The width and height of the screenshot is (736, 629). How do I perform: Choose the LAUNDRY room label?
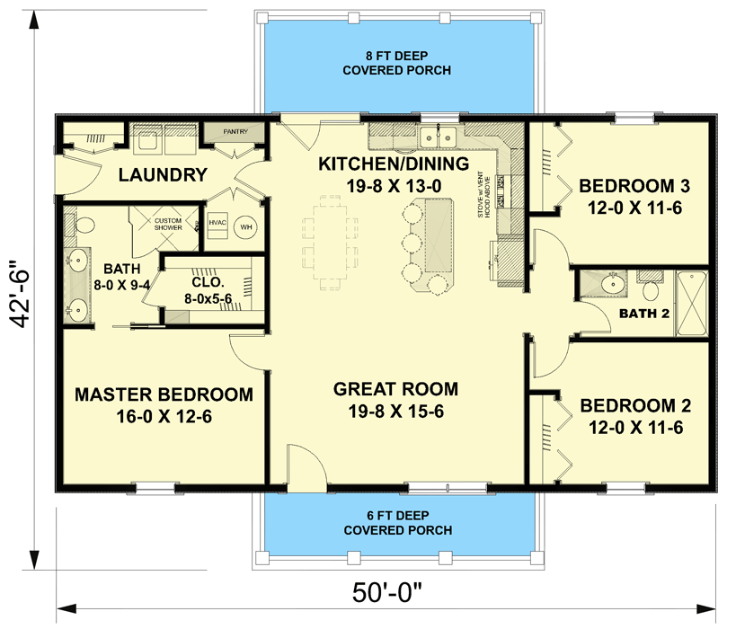click(164, 175)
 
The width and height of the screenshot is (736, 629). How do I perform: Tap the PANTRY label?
click(235, 132)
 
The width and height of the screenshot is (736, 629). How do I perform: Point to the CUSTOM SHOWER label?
click(168, 224)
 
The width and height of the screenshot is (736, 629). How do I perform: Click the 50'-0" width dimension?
click(386, 595)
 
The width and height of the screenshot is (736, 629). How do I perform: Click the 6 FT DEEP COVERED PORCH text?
click(395, 524)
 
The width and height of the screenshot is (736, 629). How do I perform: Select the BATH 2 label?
click(644, 313)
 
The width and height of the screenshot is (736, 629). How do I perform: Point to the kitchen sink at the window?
click(439, 137)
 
